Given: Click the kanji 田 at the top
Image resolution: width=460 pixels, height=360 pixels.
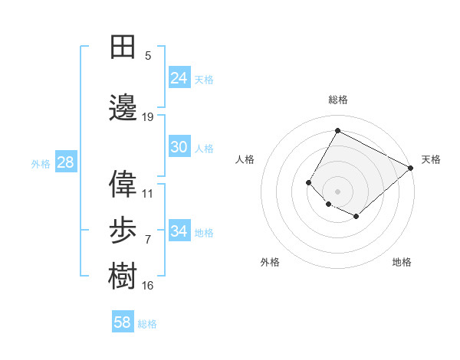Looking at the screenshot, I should coord(123,47).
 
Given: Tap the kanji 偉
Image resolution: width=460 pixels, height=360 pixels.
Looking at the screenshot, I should coord(123,184).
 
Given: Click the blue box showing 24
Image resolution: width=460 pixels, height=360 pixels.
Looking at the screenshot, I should coord(179,77).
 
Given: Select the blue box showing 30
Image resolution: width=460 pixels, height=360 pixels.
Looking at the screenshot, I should coord(179,147).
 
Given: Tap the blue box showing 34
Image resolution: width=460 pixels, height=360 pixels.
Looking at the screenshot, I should coord(179,231).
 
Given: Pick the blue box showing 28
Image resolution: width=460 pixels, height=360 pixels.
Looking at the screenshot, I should coord(65,162).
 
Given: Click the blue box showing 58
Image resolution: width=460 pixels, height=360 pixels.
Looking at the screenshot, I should coord(123,322).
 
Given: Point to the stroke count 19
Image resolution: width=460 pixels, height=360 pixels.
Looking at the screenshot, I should coord(148,117).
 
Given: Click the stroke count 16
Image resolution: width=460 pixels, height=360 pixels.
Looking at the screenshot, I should coord(148,286).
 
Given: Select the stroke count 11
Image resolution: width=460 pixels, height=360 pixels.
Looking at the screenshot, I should coord(148,194).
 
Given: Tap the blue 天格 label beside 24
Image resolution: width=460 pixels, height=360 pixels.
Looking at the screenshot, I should coord(204,79).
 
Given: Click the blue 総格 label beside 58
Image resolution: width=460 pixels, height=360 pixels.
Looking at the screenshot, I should coord(147,324).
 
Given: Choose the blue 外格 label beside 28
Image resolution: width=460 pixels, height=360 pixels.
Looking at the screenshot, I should coord(41,164).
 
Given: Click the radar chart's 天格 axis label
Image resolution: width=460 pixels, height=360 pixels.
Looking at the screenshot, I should coord(431,159).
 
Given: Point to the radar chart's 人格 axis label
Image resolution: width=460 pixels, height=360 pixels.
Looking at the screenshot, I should coord(245,159).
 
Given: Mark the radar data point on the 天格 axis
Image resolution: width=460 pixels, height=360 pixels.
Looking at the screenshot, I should coord(410,168).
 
